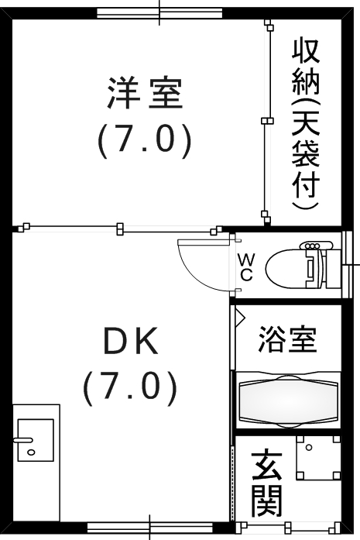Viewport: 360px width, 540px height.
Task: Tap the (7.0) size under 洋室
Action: (x=145, y=140)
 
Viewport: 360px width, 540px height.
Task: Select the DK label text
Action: (x=132, y=341)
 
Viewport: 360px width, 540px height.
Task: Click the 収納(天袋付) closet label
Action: (x=306, y=125)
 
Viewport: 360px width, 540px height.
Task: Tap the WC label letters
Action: (x=245, y=267)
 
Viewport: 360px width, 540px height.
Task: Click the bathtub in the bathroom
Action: (x=288, y=398)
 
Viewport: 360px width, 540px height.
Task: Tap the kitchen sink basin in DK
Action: (x=36, y=440)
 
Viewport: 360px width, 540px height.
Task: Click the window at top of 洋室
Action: (x=159, y=13)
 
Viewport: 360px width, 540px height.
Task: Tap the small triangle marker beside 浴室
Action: (x=239, y=316)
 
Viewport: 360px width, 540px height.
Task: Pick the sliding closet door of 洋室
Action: (x=268, y=120)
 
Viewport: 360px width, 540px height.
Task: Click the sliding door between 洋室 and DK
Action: (x=120, y=228)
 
